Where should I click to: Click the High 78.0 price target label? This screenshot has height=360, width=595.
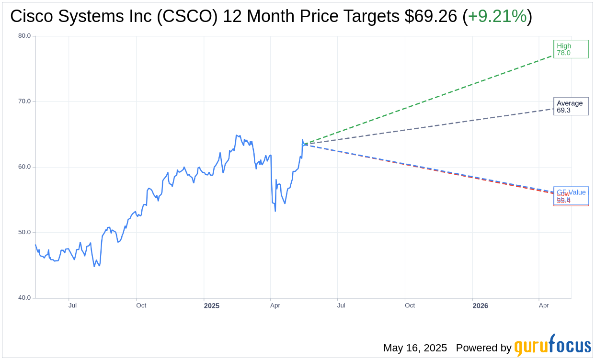(x=571, y=49)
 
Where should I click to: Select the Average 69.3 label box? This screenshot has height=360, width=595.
(x=571, y=106)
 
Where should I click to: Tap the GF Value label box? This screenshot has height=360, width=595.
(x=571, y=191)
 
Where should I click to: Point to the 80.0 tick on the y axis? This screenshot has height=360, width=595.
(x=24, y=36)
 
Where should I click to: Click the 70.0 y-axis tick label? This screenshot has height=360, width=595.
(x=24, y=101)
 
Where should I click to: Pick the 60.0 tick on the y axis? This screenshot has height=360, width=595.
(x=24, y=167)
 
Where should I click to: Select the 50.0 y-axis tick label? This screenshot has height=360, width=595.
(x=24, y=232)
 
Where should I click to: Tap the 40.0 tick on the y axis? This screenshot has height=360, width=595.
(x=24, y=298)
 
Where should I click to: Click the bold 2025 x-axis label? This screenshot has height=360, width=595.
(x=211, y=305)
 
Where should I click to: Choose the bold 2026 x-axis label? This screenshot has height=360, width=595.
(x=480, y=305)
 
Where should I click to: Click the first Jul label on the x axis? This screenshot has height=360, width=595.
(x=72, y=305)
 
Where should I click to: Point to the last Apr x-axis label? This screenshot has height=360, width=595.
(x=544, y=305)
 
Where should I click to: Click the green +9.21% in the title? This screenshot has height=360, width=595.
(x=497, y=16)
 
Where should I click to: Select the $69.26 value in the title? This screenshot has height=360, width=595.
(x=431, y=16)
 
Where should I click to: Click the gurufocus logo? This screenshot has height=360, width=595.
(x=552, y=345)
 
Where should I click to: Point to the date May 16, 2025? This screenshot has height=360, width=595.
(x=415, y=348)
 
